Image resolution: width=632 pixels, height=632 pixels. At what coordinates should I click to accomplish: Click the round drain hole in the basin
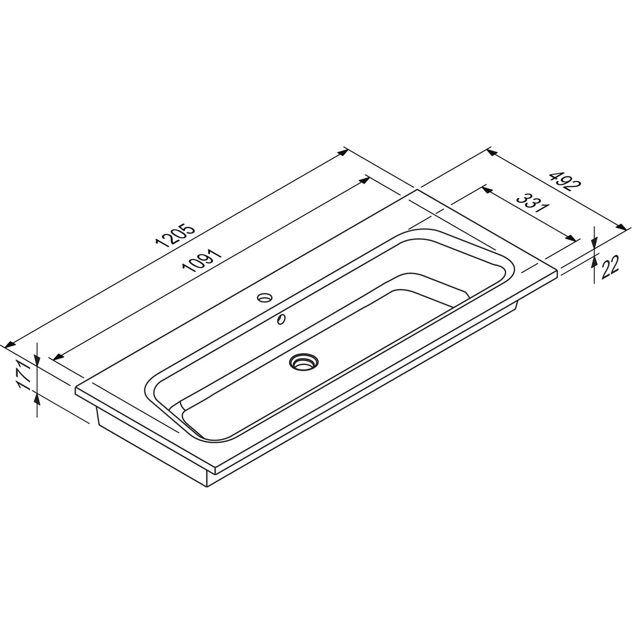303,361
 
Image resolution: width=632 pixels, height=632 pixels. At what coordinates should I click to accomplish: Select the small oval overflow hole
282,319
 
